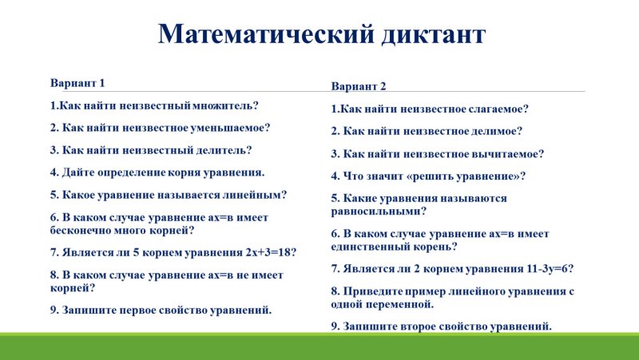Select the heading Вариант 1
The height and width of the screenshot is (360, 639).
77,83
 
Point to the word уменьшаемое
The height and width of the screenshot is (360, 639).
229,127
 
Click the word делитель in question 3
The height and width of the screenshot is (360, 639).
223,149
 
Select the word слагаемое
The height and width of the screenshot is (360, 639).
499,109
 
